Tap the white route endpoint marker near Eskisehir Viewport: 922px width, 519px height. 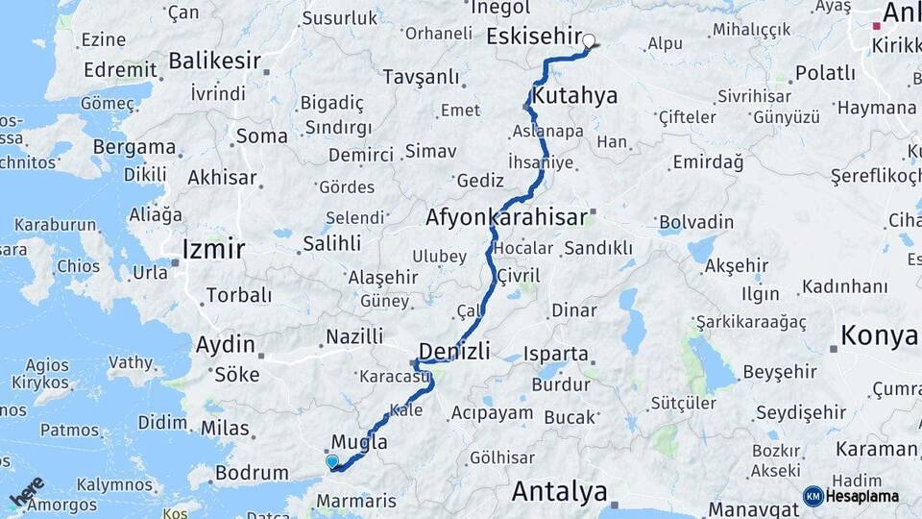click(590, 41)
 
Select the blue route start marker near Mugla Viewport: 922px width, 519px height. click(332, 461)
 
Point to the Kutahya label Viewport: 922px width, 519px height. click(574, 96)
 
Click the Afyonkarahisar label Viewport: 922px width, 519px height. click(506, 218)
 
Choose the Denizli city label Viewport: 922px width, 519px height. click(455, 350)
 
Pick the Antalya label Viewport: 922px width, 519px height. click(559, 492)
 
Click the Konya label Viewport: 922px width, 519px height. click(879, 335)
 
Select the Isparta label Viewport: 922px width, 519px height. click(556, 354)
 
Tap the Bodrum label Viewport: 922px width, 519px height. click(252, 473)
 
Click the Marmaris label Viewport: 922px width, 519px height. click(356, 502)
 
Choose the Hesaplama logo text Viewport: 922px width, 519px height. click(861, 497)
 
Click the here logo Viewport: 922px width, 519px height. click(28, 492)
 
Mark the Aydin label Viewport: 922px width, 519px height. click(225, 345)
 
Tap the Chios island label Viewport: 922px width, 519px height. click(78, 266)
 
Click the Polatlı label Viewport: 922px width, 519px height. click(826, 73)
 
